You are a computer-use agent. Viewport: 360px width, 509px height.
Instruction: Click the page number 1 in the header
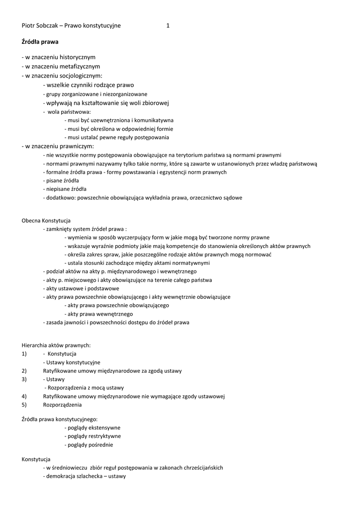pyautogui.click(x=168, y=25)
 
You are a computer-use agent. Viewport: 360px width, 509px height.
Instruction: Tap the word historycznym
pyautogui.click(x=74, y=57)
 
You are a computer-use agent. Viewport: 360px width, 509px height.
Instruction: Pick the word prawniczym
pyautogui.click(x=75, y=146)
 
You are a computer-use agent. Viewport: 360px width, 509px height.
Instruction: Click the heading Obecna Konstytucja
pyautogui.click(x=46, y=220)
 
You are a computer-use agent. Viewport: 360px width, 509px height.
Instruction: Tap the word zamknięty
pyautogui.click(x=60, y=229)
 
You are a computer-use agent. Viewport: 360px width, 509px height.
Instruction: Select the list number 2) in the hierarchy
pyautogui.click(x=24, y=371)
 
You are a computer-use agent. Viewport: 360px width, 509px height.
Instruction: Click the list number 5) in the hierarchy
pyautogui.click(x=24, y=405)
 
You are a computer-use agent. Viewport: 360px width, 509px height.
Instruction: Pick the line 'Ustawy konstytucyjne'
pyautogui.click(x=72, y=362)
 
